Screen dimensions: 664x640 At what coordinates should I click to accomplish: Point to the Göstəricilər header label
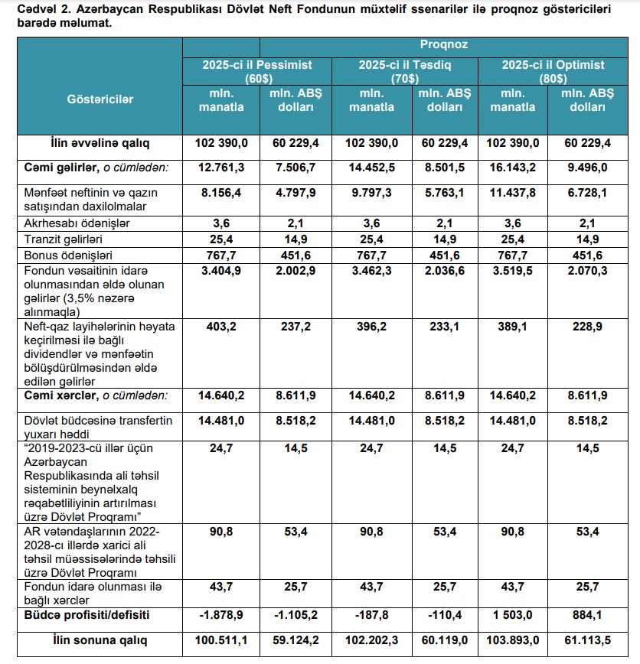click(x=100, y=99)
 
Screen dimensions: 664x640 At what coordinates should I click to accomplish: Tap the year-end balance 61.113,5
click(x=586, y=640)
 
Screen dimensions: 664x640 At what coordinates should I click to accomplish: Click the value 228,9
click(x=586, y=327)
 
